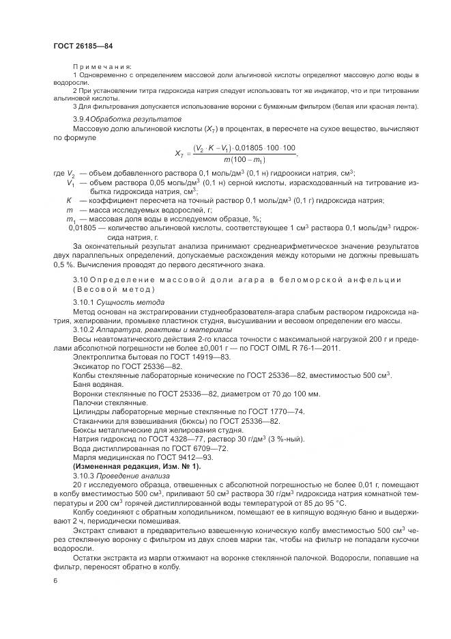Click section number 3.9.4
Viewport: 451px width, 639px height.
pyautogui.click(x=85, y=119)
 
